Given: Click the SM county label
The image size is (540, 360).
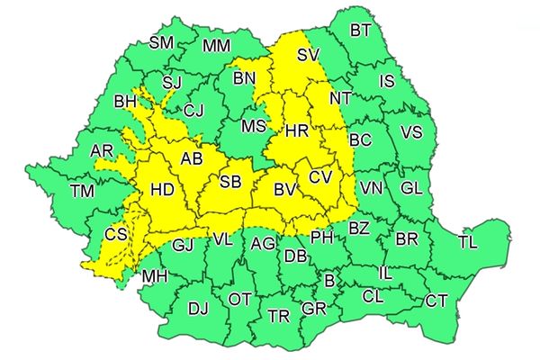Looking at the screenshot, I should [x=161, y=42].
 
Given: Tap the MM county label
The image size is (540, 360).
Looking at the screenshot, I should [x=216, y=45].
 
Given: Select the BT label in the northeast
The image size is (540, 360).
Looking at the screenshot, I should [x=361, y=31].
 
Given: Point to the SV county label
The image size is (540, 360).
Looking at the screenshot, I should [x=308, y=56].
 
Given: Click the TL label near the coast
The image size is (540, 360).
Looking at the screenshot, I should [x=468, y=242].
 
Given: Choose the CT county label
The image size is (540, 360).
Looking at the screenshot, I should [x=436, y=301].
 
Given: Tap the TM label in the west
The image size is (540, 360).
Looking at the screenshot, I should [x=82, y=191].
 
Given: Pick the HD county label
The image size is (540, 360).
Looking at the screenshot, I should [x=162, y=191].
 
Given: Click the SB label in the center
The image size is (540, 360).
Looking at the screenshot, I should [x=230, y=183].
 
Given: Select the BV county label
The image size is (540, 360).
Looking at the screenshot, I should [x=286, y=190].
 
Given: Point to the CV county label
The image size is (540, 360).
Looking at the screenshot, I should [x=321, y=177].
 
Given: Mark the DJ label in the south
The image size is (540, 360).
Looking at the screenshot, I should [x=198, y=309].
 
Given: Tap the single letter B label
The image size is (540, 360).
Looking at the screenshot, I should [x=329, y=281].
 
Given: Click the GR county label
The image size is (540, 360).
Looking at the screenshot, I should [x=314, y=309].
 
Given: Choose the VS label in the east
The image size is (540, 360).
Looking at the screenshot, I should [x=411, y=132].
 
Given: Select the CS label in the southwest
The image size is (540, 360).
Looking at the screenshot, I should [x=115, y=234].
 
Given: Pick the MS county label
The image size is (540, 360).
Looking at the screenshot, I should [x=255, y=125].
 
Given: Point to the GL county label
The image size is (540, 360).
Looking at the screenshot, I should [x=411, y=188].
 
